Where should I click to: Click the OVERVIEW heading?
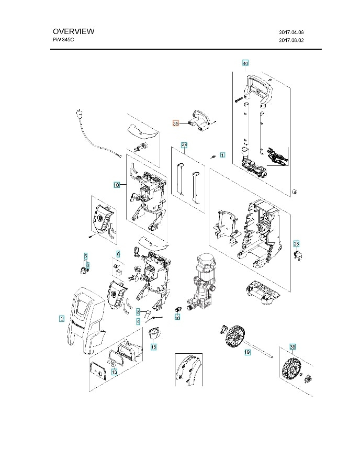[x=74, y=31]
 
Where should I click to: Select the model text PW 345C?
[x=63, y=40]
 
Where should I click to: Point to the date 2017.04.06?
[x=291, y=32]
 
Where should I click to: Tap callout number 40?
[x=245, y=63]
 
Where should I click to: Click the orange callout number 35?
[x=176, y=124]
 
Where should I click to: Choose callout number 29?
[x=184, y=145]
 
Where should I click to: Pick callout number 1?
[x=222, y=155]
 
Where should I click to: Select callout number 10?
[x=117, y=185]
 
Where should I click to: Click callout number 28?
[x=296, y=244]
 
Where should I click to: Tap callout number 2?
[x=62, y=319]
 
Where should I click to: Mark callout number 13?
[x=115, y=372]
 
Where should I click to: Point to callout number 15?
[x=153, y=347]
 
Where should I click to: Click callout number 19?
[x=248, y=352]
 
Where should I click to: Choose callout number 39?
[x=292, y=346]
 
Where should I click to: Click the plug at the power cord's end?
[x=79, y=115]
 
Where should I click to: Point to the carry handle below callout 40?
[x=259, y=90]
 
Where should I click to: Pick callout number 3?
[x=138, y=311]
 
